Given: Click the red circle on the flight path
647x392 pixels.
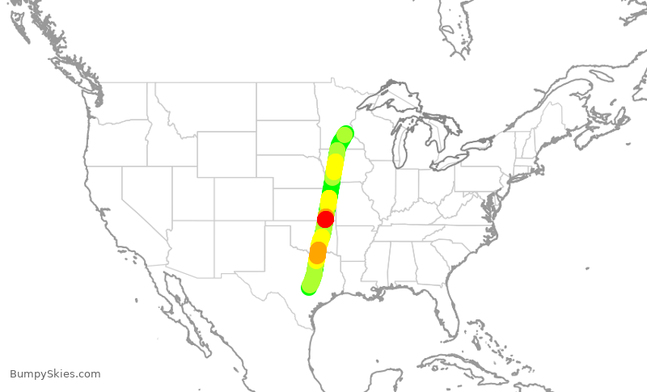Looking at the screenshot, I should click(325, 219).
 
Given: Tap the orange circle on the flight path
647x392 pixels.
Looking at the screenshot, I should click(318, 252).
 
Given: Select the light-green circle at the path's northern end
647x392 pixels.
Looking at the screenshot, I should click(345, 134).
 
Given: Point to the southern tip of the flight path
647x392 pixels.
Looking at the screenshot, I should click(308, 287).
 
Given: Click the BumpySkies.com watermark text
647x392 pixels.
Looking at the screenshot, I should click(55, 374).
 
